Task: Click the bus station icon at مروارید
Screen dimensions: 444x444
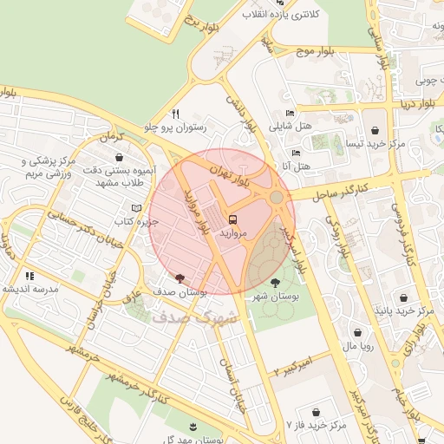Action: pyautogui.click(x=232, y=219)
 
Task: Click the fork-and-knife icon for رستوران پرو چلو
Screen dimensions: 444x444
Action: pyautogui.click(x=176, y=114)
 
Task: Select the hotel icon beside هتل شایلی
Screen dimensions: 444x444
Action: pyautogui.click(x=290, y=113)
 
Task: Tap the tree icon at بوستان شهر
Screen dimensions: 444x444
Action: pyautogui.click(x=275, y=283)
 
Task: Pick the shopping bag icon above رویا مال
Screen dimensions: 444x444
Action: pyautogui.click(x=357, y=332)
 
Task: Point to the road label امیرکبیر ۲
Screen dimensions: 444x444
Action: pyautogui.click(x=299, y=363)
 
